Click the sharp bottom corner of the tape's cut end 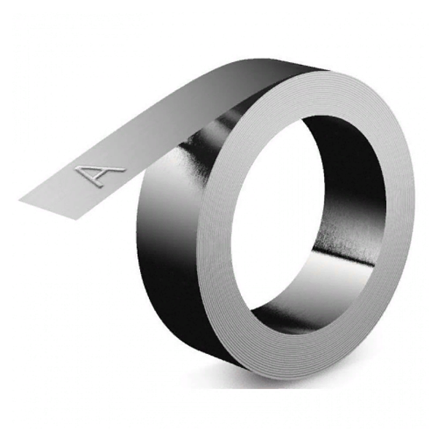76,220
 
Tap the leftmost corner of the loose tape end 19,200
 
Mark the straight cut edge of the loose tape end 47,210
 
